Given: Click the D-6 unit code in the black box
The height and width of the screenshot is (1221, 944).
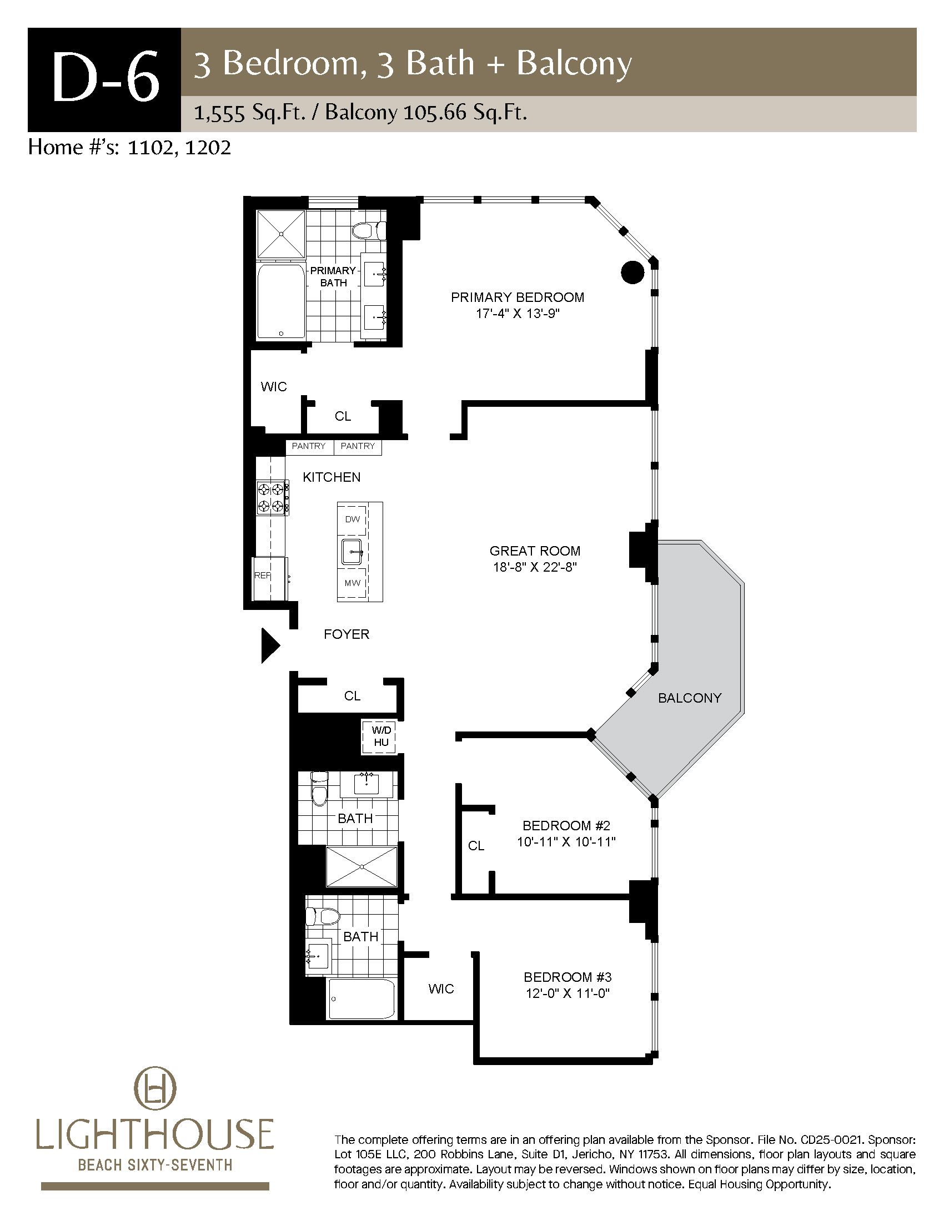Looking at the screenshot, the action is pos(105,79).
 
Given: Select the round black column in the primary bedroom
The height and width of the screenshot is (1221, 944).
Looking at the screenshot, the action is pos(632,273).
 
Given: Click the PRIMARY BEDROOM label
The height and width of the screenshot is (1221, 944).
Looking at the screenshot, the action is pos(518,297).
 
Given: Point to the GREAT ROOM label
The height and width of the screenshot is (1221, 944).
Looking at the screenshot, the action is pos(535,551).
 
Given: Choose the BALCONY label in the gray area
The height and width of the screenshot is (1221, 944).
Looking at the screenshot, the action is pos(690,698).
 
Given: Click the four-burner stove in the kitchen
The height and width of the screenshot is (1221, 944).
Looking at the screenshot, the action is pos(272,498).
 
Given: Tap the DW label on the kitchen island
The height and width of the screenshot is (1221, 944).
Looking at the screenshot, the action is pos(352,519).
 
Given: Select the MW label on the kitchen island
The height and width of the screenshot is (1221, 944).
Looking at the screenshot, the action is pos(352,583).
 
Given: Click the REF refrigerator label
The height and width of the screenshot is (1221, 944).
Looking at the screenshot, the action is pos(262,576).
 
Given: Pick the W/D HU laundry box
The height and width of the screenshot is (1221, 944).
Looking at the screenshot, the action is pos(381,736).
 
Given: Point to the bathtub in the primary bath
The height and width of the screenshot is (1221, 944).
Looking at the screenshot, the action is pos(281,301).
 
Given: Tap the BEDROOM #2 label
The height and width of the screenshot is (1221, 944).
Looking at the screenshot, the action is pos(566,825).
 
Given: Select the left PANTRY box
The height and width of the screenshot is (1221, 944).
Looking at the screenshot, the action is pos(309,447).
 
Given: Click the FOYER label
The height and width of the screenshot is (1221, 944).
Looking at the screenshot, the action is pos(347,634).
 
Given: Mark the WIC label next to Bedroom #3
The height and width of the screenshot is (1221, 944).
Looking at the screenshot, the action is pos(441,989).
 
